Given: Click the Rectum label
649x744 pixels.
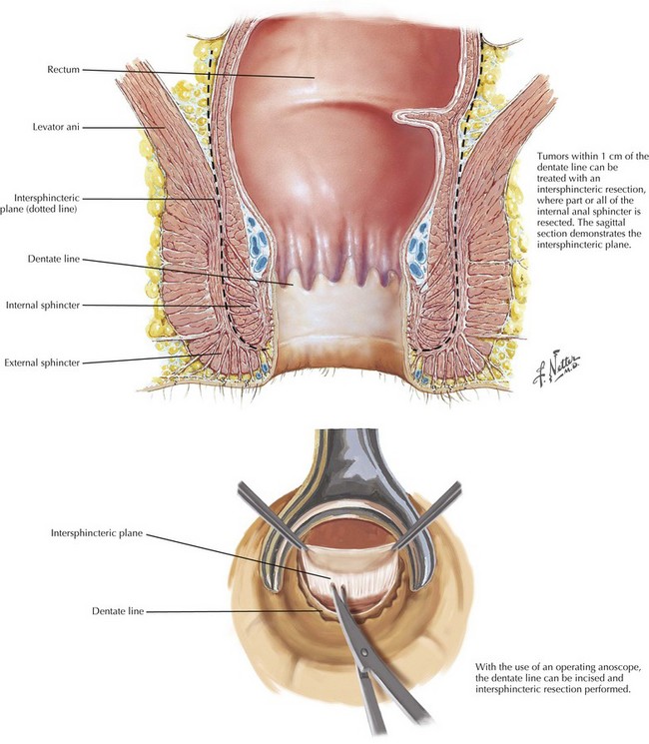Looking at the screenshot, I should point(62,70).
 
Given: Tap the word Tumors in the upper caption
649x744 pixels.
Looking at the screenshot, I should point(554,155).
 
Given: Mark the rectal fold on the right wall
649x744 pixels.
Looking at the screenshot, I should point(424,117).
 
